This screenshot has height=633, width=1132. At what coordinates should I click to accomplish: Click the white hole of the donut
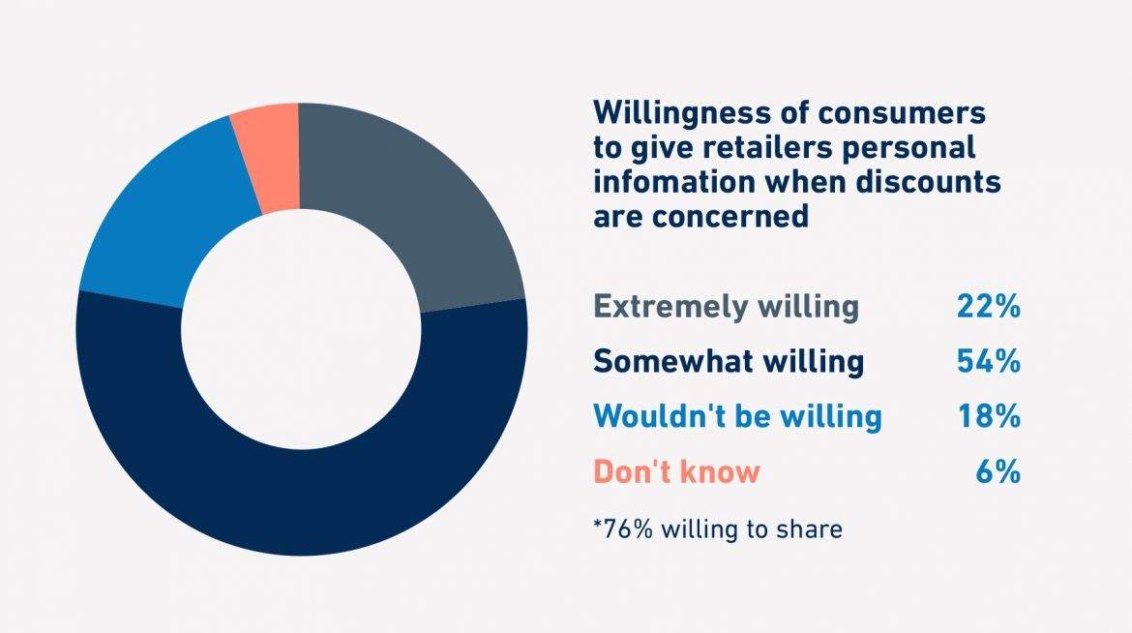pyautogui.click(x=301, y=329)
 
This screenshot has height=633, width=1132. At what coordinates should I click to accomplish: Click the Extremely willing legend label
pyautogui.click(x=726, y=307)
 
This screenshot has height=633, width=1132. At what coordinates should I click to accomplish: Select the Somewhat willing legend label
pyautogui.click(x=728, y=361)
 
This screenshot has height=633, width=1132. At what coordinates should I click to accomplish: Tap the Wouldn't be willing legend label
pyautogui.click(x=737, y=416)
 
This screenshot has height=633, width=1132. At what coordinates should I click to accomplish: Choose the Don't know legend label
pyautogui.click(x=676, y=471)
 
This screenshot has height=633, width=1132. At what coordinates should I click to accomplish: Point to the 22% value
pyautogui.click(x=988, y=307)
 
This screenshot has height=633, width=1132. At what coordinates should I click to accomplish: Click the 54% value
pyautogui.click(x=988, y=361)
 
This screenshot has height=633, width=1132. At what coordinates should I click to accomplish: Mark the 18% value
pyautogui.click(x=988, y=416)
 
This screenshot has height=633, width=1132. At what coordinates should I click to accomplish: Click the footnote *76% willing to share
pyautogui.click(x=717, y=529)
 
